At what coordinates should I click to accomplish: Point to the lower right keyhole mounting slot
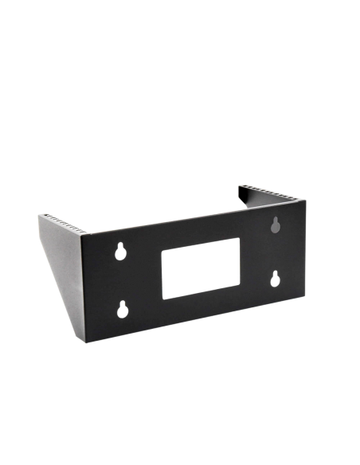click(x=275, y=279)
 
